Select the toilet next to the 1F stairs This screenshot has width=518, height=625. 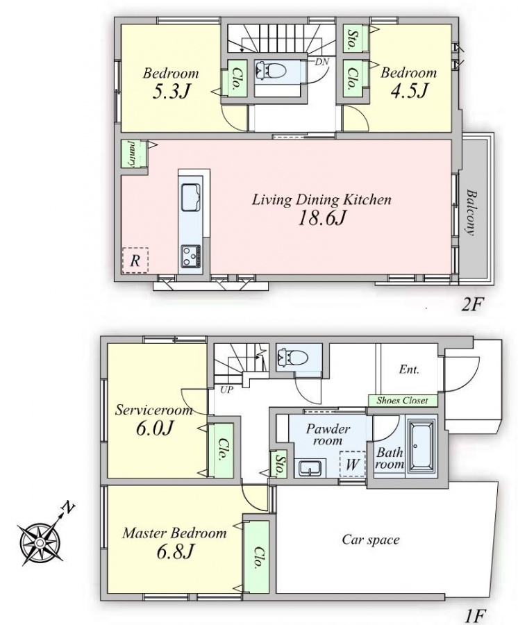[x=293, y=356]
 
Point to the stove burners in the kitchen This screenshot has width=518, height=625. [x=191, y=256]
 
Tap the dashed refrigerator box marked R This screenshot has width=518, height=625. [x=135, y=260]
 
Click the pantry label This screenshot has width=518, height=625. [x=131, y=153]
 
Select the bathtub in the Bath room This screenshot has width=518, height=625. [x=422, y=447]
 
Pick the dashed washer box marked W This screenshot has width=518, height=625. [x=353, y=464]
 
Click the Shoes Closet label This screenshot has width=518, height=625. [x=402, y=401]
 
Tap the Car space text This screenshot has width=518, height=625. [x=371, y=540]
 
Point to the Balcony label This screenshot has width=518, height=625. [x=471, y=212]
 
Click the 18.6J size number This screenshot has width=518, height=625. [x=321, y=218]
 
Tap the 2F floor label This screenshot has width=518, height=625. [x=472, y=306]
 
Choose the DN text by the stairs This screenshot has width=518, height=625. [x=321, y=62]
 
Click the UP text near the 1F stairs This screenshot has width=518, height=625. [x=227, y=390]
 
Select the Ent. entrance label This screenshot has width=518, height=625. [x=409, y=369]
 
